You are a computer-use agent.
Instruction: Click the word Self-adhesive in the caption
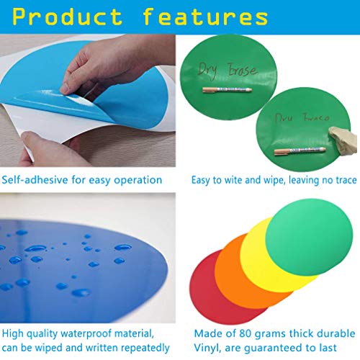pyautogui.click(x=35, y=180)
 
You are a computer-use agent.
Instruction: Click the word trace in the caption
pyautogui.click(x=335, y=180)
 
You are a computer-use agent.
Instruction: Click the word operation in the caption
pyautogui.click(x=138, y=180)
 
